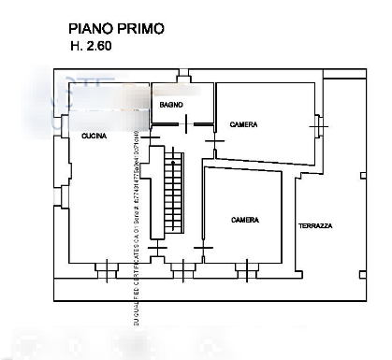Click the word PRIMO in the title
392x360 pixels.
point(139,29)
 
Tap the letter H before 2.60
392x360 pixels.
point(74,46)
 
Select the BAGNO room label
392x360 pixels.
point(170,104)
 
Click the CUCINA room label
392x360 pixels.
point(94,137)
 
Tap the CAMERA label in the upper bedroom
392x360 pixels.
point(243,124)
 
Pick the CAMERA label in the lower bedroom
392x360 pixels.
point(245,220)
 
